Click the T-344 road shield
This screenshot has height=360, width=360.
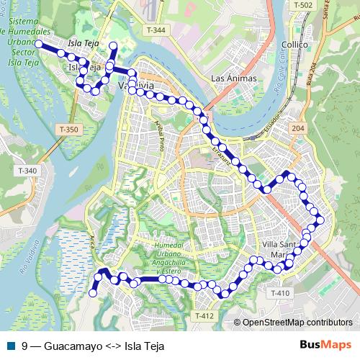click(155, 30)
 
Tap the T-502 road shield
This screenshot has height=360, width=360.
click(303, 5)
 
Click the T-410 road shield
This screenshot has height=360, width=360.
click(281, 293)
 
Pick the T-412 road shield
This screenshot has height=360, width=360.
click(204, 315)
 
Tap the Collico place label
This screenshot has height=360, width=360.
click(295, 45)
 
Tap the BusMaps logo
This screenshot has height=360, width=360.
click(325, 345)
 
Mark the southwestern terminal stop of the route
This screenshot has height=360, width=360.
click(92, 292)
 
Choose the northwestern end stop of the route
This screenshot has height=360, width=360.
click(38, 43)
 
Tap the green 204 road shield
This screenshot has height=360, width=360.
click(298, 127)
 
